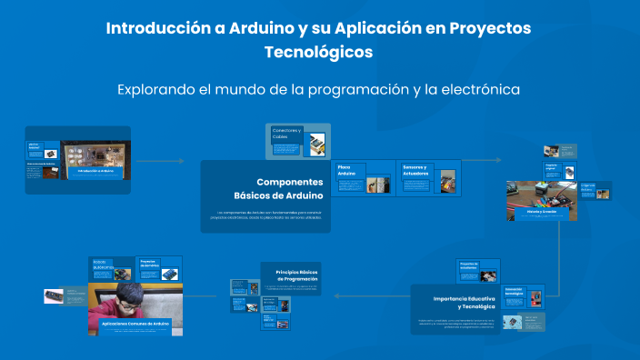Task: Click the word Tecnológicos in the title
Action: click(x=319, y=53)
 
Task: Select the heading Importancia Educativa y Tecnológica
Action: click(x=464, y=303)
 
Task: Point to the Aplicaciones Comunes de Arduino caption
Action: click(x=135, y=324)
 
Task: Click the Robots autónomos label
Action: click(x=105, y=265)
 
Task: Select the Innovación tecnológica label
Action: click(x=514, y=293)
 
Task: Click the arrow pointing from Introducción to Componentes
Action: click(x=164, y=162)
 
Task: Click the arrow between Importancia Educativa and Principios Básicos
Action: click(x=368, y=295)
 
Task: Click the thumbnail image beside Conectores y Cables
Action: click(x=315, y=143)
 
